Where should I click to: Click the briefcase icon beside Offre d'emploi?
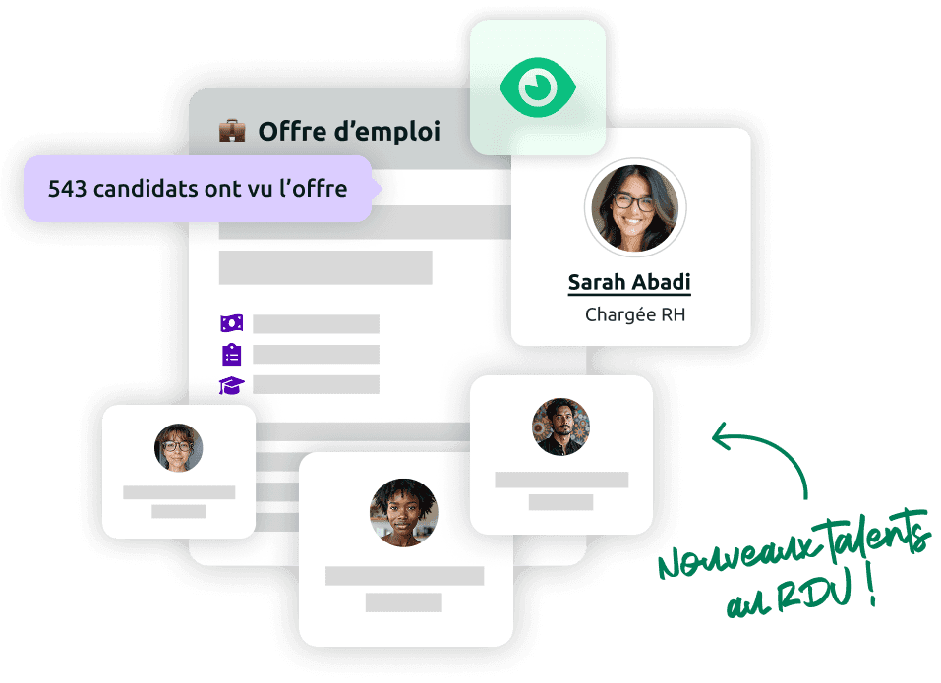click(232, 131)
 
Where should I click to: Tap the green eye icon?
click(536, 86)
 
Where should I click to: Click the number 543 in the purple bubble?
click(67, 188)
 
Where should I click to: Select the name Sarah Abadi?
click(629, 282)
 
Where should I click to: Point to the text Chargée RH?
click(635, 314)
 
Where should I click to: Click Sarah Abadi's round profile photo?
click(635, 207)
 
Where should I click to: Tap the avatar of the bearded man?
click(561, 427)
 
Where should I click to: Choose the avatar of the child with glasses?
click(178, 448)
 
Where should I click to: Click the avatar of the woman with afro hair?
click(403, 512)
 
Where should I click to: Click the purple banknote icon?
click(231, 323)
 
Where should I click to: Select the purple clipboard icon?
click(231, 354)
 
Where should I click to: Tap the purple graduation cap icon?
click(231, 384)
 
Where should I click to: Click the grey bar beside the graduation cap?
click(316, 384)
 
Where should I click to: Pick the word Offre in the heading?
click(292, 131)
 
